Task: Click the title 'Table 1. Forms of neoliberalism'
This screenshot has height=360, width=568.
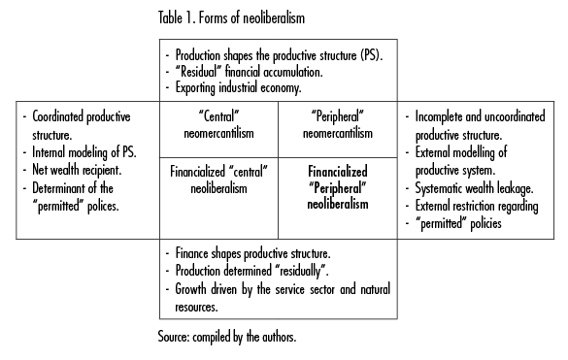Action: [227, 16]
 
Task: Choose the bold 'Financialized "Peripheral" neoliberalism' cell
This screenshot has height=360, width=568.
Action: [337, 187]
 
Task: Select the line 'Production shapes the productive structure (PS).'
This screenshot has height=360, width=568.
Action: [280, 54]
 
